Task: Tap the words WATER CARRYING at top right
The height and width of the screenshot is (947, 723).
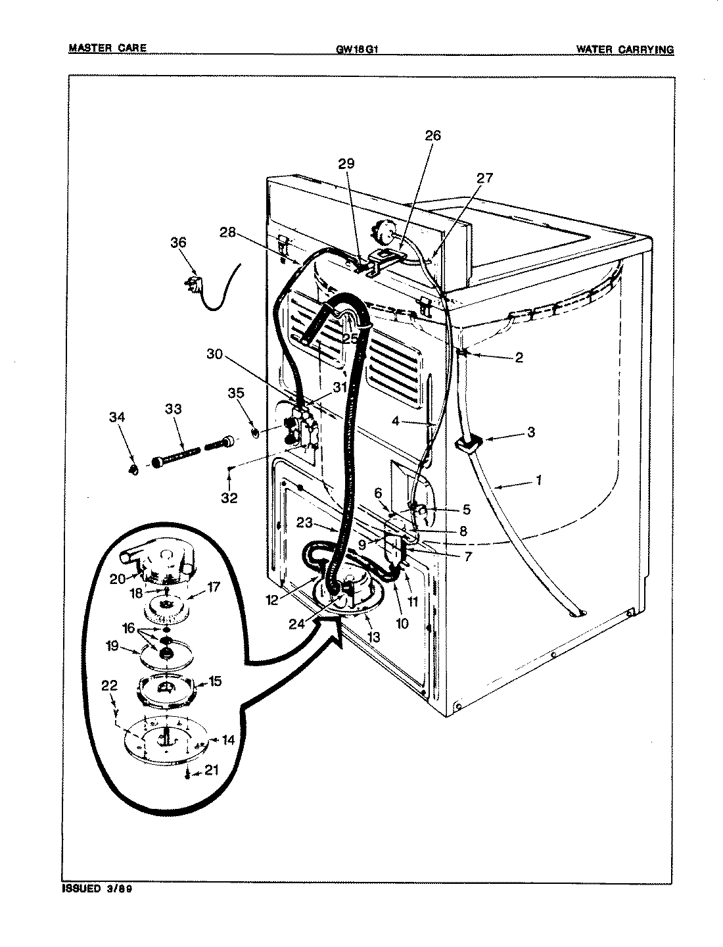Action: pos(624,49)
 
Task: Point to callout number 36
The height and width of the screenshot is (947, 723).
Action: pos(178,243)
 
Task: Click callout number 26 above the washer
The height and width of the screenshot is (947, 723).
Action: pos(432,136)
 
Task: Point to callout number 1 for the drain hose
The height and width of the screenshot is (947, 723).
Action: pos(538,481)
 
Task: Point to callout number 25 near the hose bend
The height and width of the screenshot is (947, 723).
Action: pos(350,338)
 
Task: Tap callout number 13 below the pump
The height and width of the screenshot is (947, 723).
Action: pos(373,637)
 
